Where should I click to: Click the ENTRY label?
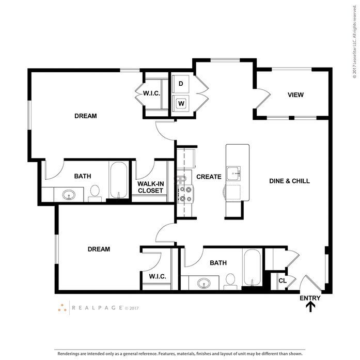[310, 298]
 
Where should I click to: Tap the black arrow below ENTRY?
[310, 307]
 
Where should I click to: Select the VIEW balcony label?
[296, 95]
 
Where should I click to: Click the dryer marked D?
[180, 84]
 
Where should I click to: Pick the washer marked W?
[181, 103]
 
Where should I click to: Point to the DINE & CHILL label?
[289, 181]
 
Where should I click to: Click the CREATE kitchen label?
[209, 177]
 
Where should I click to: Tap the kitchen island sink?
[233, 174]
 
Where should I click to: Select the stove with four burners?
[185, 194]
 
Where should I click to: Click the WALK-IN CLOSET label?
[151, 187]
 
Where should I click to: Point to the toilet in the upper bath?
[95, 193]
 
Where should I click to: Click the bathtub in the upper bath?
[118, 180]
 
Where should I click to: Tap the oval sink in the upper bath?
[69, 195]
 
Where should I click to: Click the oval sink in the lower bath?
[204, 283]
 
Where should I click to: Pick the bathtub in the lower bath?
[252, 268]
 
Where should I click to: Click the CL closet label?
[283, 280]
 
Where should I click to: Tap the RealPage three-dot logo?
[62, 308]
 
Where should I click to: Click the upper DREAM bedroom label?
[85, 116]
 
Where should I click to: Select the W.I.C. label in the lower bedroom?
[158, 276]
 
